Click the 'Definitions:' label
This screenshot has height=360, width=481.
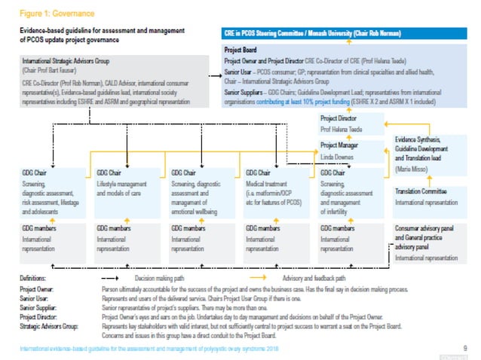(x=36, y=279)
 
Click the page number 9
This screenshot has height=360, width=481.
(x=464, y=346)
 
